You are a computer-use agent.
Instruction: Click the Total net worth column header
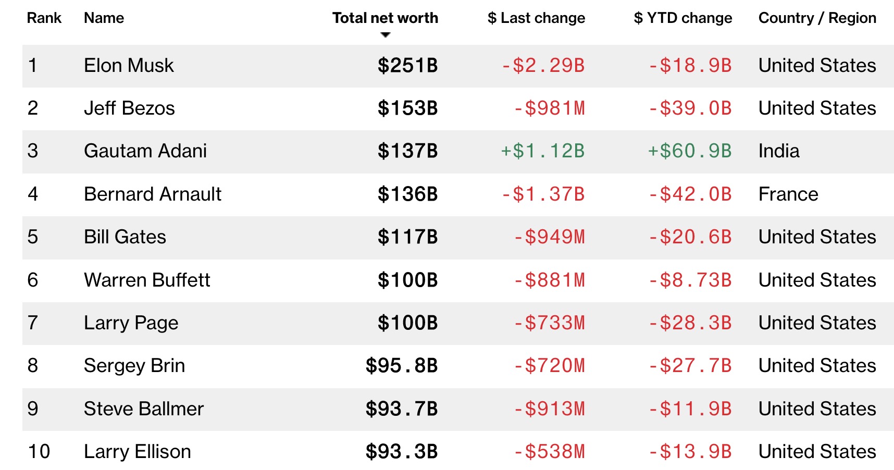coord(385,18)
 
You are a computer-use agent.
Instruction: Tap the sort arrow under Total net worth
coord(386,35)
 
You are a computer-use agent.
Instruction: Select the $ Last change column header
coord(536,18)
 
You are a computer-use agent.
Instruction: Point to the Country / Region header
coord(817,18)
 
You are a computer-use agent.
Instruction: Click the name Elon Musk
coord(129,66)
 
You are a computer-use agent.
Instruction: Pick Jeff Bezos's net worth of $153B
coord(407,108)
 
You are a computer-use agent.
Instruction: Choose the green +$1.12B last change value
coord(542,151)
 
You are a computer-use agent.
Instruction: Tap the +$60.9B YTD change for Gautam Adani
coord(689,151)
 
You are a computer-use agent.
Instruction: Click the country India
coord(778,151)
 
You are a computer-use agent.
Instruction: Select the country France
coord(788,194)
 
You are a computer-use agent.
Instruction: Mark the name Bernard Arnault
coord(153,194)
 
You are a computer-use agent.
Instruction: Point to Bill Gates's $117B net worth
coord(407,237)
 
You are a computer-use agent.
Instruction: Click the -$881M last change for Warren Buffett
coord(549,280)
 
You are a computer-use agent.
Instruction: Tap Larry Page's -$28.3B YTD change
coord(690,323)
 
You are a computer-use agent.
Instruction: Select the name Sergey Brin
coord(134,366)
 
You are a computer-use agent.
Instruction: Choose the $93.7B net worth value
coord(401,409)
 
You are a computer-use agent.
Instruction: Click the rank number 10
coord(39,452)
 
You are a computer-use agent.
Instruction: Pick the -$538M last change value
coord(549,452)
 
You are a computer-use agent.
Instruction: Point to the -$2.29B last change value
coord(542,66)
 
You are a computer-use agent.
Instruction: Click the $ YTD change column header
coord(682,18)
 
